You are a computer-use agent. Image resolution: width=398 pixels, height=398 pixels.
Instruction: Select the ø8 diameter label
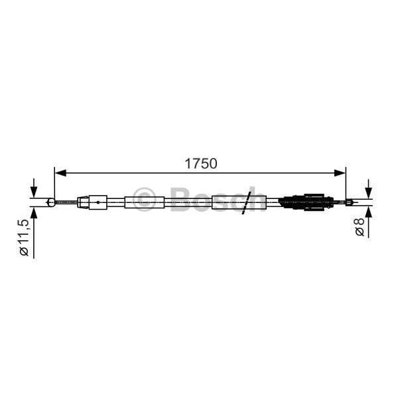click(x=359, y=228)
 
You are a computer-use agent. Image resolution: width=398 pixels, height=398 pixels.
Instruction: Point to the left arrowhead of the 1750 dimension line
click(x=59, y=173)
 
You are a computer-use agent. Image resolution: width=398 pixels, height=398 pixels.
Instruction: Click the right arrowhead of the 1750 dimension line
click(x=341, y=173)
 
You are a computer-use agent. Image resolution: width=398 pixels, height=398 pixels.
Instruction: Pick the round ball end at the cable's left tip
click(x=51, y=201)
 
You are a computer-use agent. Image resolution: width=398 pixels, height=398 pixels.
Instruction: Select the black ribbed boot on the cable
click(x=303, y=201)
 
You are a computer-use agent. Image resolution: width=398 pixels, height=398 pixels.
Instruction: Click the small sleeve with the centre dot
click(x=98, y=201)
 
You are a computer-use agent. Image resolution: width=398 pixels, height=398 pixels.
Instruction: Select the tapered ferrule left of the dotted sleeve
click(x=83, y=201)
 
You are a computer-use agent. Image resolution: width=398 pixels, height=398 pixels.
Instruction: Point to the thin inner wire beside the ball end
click(x=66, y=201)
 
